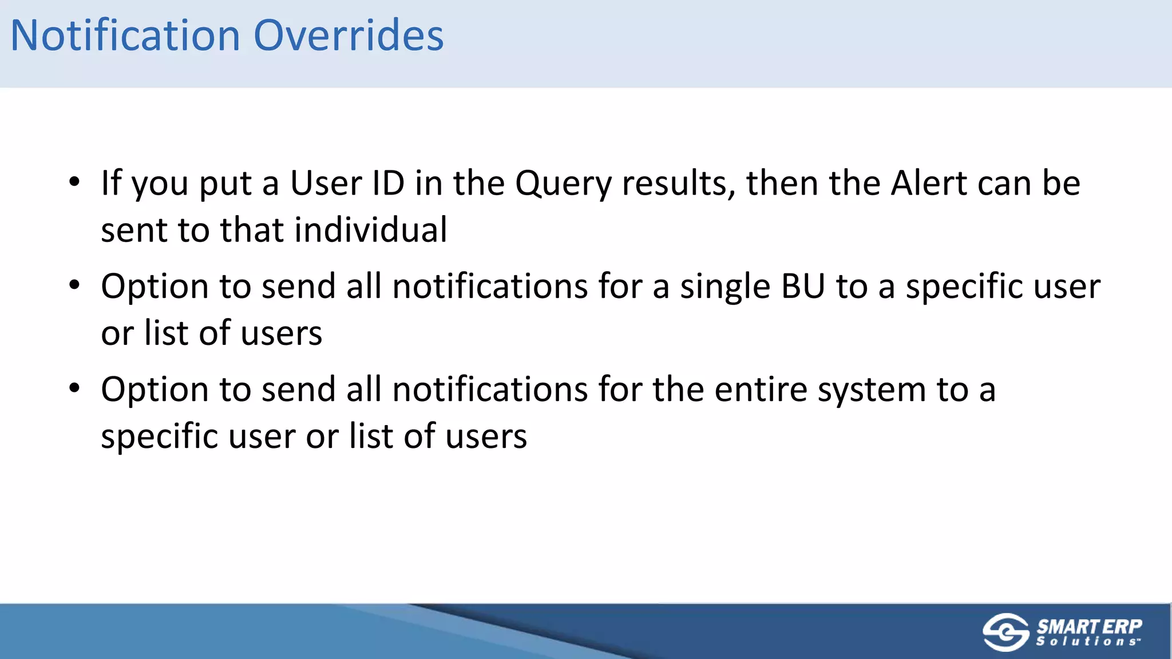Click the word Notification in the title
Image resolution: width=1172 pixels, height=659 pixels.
pyautogui.click(x=125, y=35)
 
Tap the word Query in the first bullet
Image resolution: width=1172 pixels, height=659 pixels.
pyautogui.click(x=563, y=184)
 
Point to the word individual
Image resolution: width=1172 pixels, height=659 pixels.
pyautogui.click(x=370, y=230)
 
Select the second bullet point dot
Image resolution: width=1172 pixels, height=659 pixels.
pyautogui.click(x=74, y=285)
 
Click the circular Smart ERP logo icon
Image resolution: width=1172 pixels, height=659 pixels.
pyautogui.click(x=1005, y=632)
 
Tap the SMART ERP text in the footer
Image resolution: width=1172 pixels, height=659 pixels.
pyautogui.click(x=1089, y=626)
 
